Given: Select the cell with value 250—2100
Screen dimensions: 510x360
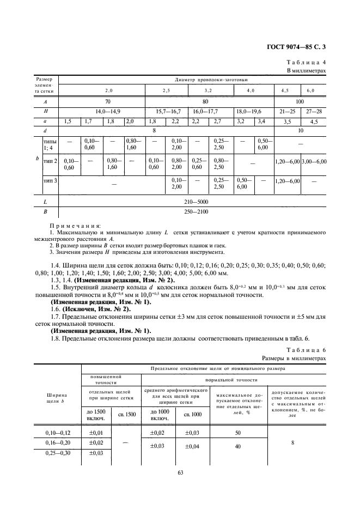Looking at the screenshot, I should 193,212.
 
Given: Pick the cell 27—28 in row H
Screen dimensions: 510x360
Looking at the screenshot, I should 315,111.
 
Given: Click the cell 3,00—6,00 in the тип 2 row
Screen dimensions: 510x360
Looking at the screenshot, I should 314,162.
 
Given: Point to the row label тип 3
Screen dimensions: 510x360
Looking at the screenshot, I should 50,180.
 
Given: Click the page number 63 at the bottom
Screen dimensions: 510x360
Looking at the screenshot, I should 180,473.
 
